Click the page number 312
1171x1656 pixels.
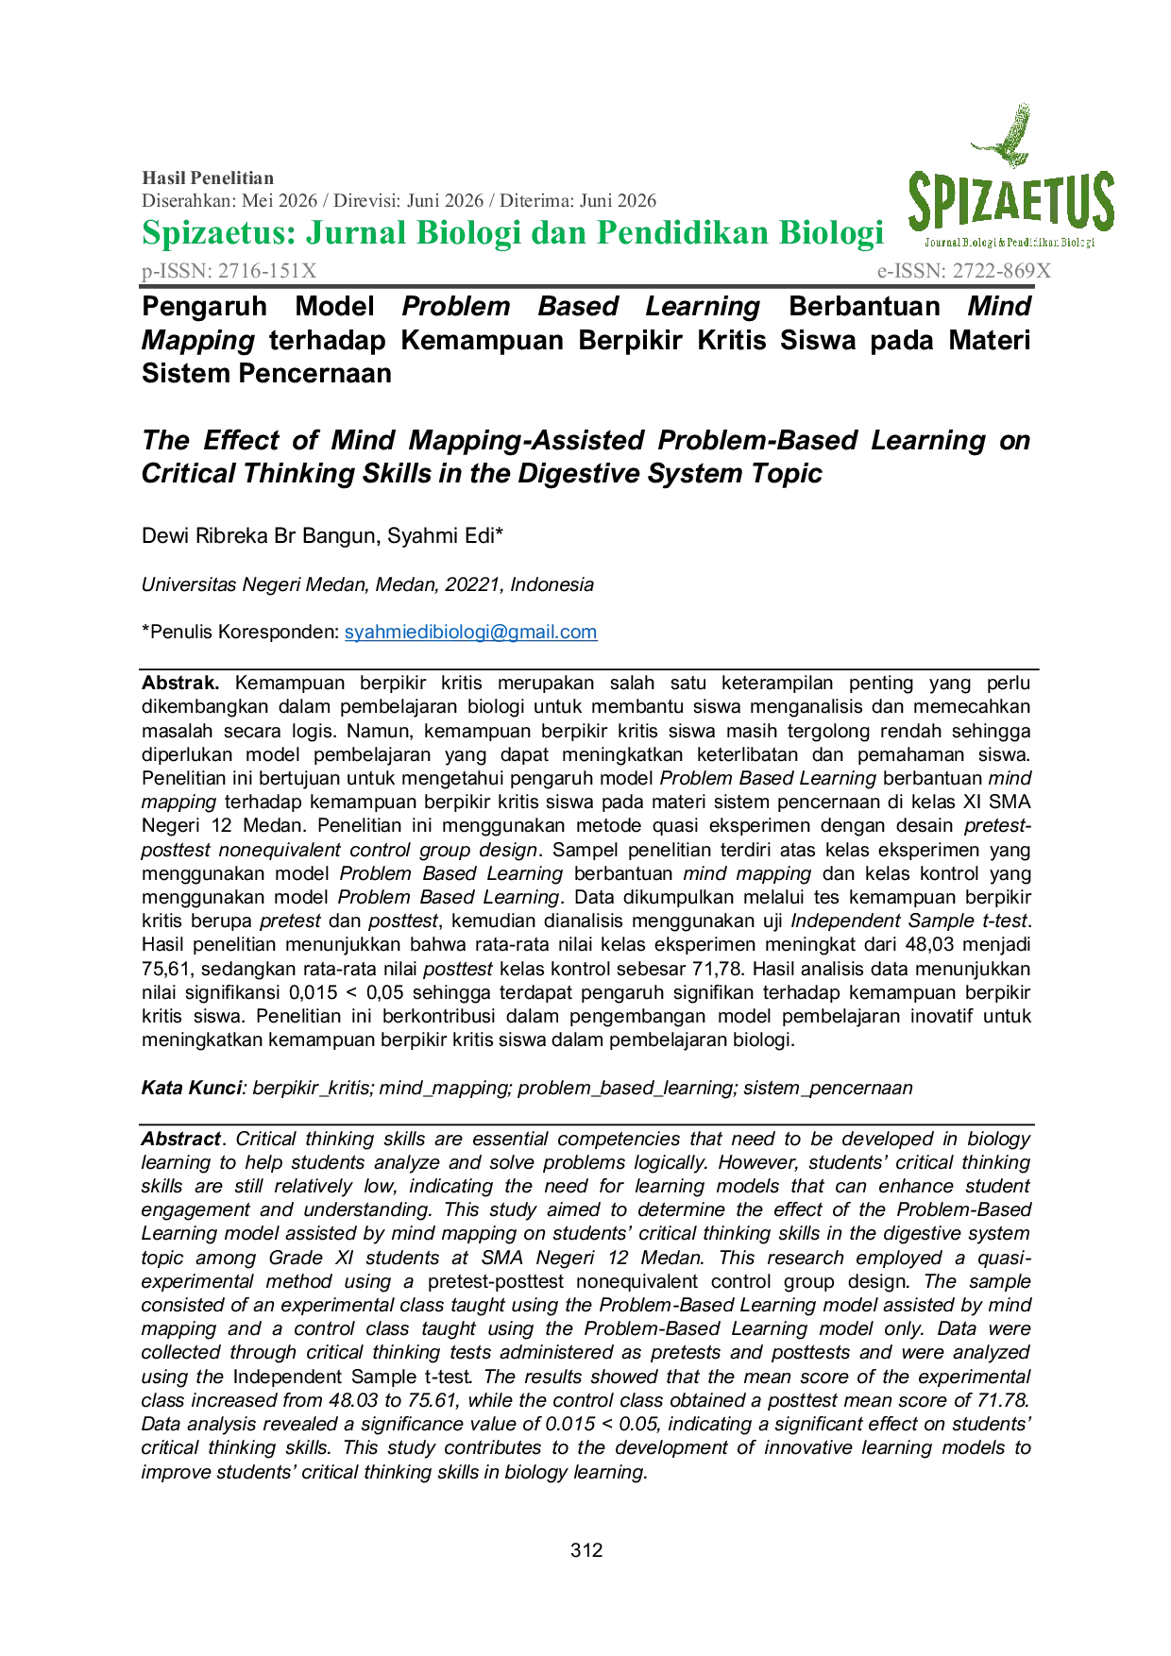[x=586, y=1550]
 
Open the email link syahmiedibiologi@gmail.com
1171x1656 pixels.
[x=470, y=632]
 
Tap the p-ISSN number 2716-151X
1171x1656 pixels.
[x=267, y=271]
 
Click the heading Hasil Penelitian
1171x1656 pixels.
[x=208, y=177]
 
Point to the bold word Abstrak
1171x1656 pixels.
[x=180, y=683]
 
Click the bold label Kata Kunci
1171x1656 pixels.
[x=192, y=1088]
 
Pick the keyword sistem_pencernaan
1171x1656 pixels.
[x=828, y=1088]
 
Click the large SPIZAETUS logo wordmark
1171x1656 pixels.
[x=1011, y=202]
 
